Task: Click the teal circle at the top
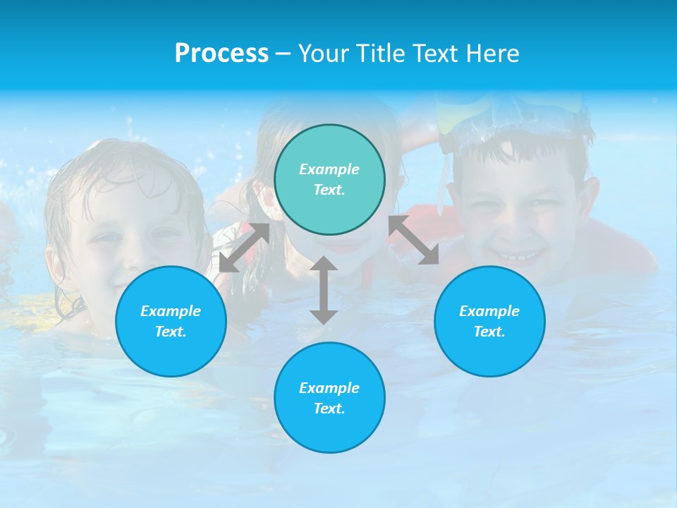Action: pos(329,180)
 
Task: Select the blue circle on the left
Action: pos(171,321)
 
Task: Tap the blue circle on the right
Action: pos(489,321)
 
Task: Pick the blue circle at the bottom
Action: pos(329,398)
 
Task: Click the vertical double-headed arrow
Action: pos(324,290)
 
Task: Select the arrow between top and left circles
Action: pos(244,247)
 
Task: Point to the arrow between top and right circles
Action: pos(414,240)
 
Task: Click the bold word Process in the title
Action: pos(221,54)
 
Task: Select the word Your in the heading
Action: pos(324,54)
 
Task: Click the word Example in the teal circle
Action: pos(329,169)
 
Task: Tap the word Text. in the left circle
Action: pos(171,332)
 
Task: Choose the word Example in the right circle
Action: pos(489,311)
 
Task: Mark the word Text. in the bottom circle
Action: pos(329,409)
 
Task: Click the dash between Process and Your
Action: pos(283,54)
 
